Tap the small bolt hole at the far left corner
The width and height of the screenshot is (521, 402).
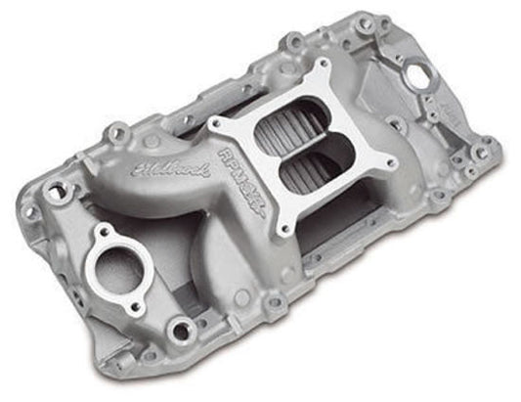click(30, 211)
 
